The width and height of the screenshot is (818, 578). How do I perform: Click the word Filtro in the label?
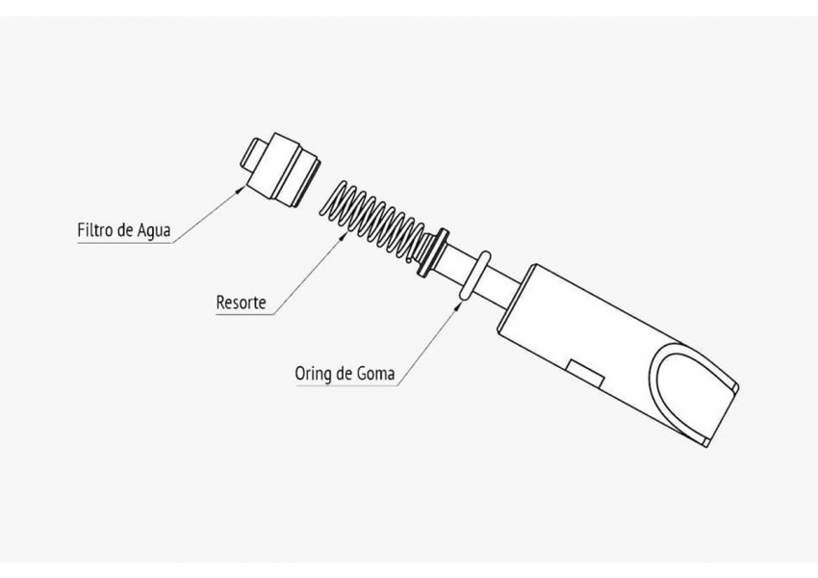[x=95, y=229]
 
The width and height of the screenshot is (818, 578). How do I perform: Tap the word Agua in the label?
[x=153, y=230]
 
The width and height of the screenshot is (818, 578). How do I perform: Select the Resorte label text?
[x=241, y=302]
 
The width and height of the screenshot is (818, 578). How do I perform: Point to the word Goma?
[x=375, y=374]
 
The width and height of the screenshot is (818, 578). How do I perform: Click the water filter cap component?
[x=279, y=170]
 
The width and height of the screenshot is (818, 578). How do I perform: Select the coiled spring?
[x=374, y=219]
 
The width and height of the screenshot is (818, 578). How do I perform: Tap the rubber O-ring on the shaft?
[x=474, y=276]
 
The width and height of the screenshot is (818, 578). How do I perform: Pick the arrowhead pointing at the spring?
[x=344, y=236]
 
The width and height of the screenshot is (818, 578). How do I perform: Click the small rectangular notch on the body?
[x=585, y=375]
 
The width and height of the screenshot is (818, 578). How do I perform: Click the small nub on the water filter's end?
[x=252, y=153]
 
